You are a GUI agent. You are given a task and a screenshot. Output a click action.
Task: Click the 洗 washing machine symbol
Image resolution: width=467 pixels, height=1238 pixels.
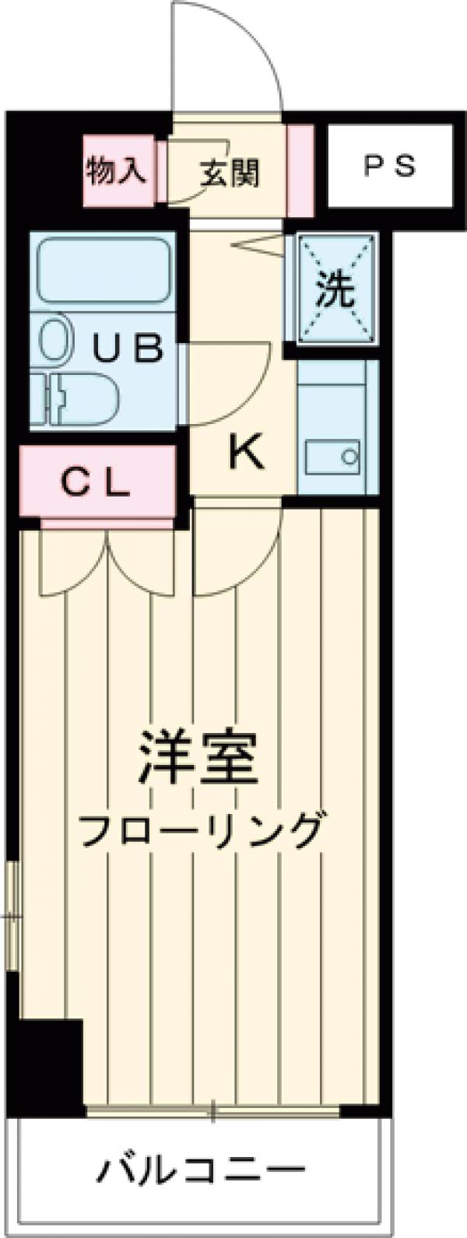[335, 289]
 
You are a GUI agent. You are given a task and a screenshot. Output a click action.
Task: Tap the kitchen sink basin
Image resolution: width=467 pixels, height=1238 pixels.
[332, 457]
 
